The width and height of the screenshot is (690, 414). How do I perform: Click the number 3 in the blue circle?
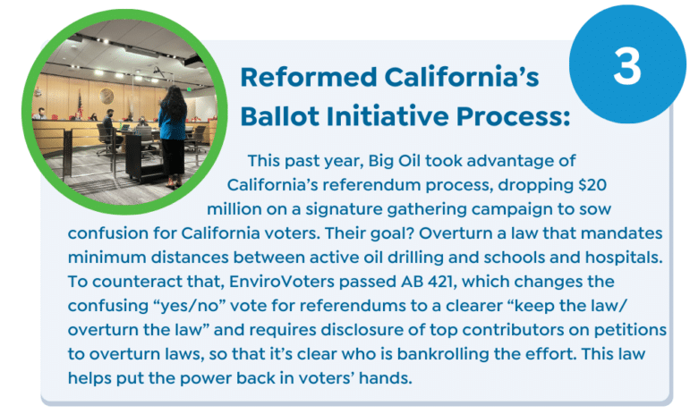click(627, 66)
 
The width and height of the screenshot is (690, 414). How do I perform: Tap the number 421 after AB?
click(441, 282)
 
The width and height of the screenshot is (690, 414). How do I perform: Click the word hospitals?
click(624, 258)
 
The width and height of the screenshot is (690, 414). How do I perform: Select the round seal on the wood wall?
click(106, 96)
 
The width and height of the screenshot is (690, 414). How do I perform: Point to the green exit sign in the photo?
click(188, 89)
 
